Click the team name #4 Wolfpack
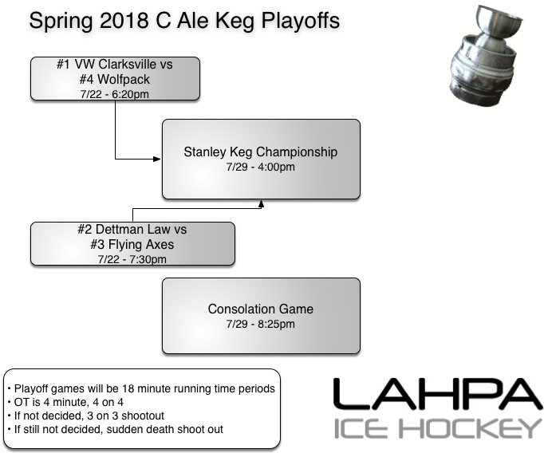point(115,79)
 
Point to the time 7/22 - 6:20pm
point(115,93)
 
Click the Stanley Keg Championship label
point(261,152)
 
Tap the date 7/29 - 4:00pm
point(261,167)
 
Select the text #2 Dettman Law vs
point(132,230)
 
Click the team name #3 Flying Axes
point(132,244)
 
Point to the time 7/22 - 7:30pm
point(132,258)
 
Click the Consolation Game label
point(261,309)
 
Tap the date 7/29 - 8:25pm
point(261,325)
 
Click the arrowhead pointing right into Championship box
point(158,159)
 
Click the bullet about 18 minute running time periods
point(141,388)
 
